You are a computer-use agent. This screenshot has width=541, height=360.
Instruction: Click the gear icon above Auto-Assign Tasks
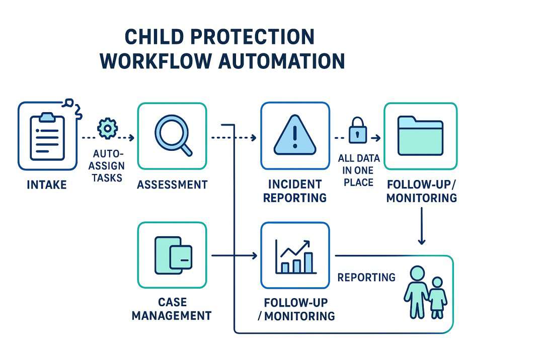click(107, 128)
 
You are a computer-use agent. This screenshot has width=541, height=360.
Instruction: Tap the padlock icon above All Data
click(357, 129)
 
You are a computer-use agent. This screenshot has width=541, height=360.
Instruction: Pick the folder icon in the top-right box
click(420, 135)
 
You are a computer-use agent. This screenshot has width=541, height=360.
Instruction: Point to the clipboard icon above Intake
click(48, 136)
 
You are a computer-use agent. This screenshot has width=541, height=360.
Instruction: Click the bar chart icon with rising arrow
click(295, 256)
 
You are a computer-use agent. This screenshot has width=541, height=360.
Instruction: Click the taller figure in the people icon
click(416, 292)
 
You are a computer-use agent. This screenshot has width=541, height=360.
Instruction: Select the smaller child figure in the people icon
click(437, 298)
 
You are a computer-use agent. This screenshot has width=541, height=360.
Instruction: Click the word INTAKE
click(47, 185)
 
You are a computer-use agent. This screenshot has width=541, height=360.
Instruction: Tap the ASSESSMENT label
click(172, 185)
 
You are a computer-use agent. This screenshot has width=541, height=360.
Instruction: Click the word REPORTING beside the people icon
click(366, 277)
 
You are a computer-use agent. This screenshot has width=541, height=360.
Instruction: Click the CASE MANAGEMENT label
click(172, 309)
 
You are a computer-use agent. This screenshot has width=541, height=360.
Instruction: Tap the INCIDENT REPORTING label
click(295, 191)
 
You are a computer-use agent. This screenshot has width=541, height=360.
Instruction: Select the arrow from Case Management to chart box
click(234, 256)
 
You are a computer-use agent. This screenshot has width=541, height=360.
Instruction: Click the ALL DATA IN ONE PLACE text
click(358, 170)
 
